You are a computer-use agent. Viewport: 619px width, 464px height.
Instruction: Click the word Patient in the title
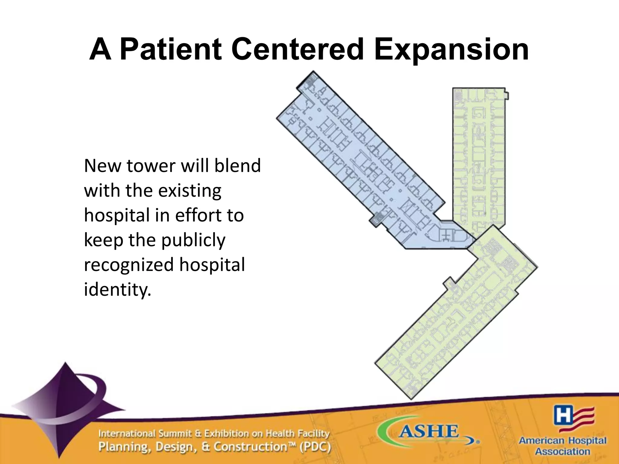(171, 50)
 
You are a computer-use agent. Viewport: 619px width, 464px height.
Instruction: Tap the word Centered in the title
(298, 50)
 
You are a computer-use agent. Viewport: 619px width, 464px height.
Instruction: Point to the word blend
(237, 166)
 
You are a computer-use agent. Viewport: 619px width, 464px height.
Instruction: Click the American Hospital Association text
(562, 446)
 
